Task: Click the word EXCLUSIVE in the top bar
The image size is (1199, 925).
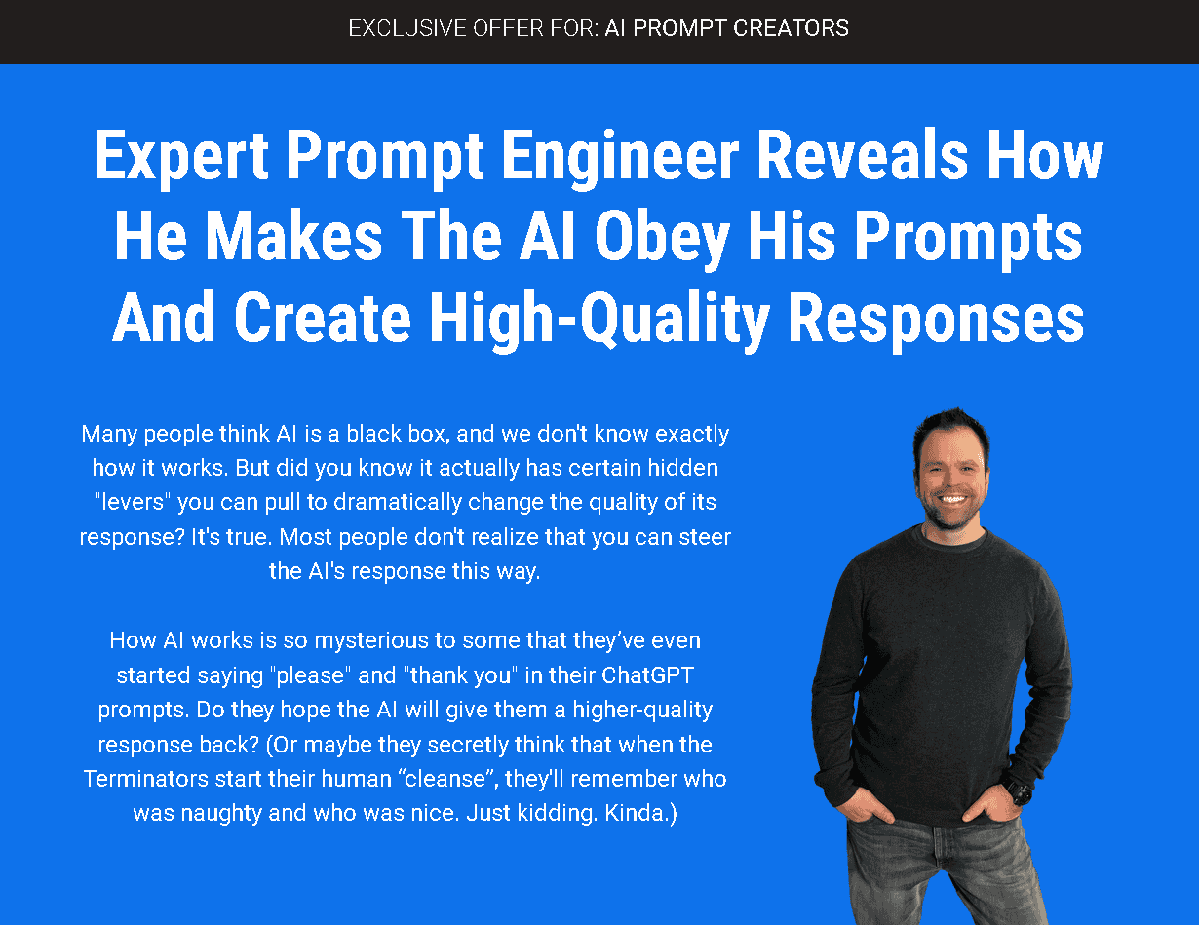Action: (407, 28)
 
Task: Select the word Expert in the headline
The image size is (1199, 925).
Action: (180, 157)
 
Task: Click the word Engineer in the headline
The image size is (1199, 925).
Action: (620, 157)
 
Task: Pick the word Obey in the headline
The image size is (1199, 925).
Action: (662, 237)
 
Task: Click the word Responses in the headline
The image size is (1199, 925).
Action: (936, 320)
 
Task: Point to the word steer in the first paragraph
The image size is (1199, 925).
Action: (705, 537)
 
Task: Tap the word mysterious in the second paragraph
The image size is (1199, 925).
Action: (370, 641)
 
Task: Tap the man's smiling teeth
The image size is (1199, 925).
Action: (953, 500)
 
